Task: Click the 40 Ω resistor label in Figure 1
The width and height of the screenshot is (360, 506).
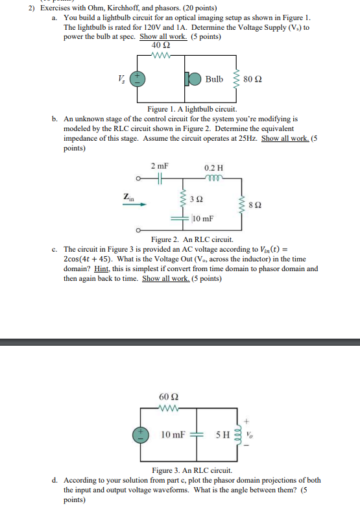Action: [161, 45]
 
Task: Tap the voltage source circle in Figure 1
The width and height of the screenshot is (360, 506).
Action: [138, 79]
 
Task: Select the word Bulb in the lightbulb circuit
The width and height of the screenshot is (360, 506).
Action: [213, 79]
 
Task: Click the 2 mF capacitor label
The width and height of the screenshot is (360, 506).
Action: [158, 166]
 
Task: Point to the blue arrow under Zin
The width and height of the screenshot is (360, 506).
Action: [133, 204]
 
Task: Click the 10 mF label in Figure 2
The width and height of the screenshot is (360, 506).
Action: [204, 219]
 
